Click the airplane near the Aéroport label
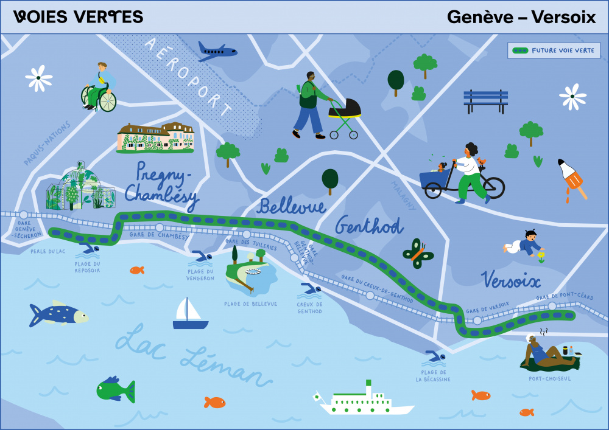click(217, 52)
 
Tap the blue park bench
click(485, 101)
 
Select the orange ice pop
click(572, 178)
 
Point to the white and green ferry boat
click(365, 401)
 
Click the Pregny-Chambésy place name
click(161, 182)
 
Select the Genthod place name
click(368, 226)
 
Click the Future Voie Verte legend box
click(554, 50)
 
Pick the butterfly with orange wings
click(418, 254)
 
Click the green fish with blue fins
click(115, 390)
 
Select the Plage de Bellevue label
click(250, 304)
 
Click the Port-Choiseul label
click(550, 378)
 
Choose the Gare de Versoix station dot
click(477, 320)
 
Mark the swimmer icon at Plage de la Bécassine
click(435, 356)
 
